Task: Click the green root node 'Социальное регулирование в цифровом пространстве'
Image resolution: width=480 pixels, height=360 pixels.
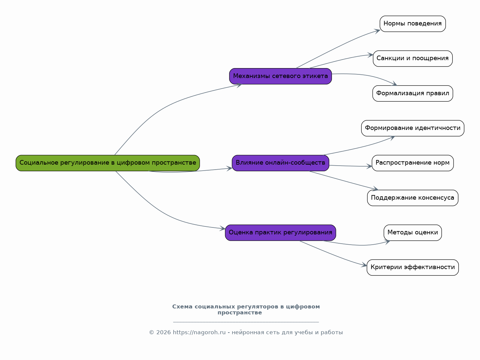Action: pyautogui.click(x=107, y=163)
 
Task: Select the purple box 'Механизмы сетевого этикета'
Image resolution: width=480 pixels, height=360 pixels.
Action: pyautogui.click(x=280, y=76)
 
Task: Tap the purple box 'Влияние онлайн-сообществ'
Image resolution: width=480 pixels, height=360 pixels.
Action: pyautogui.click(x=280, y=163)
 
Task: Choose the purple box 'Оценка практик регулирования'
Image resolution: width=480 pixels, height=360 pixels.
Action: pyautogui.click(x=280, y=233)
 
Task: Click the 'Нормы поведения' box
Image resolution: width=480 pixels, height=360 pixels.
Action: pyautogui.click(x=413, y=24)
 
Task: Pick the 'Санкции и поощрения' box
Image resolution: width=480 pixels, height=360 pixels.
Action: pyautogui.click(x=413, y=59)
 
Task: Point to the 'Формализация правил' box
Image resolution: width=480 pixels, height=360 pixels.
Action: pyautogui.click(x=413, y=93)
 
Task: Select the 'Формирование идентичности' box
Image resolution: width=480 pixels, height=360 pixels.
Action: pyautogui.click(x=413, y=128)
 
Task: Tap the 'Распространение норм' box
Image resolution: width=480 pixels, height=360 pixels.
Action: pyautogui.click(x=413, y=163)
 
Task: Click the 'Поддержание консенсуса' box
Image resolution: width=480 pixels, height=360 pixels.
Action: pyautogui.click(x=413, y=198)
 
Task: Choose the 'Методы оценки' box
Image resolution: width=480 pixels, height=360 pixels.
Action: pyautogui.click(x=413, y=233)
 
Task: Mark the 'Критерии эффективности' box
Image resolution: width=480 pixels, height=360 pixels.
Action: pyautogui.click(x=413, y=267)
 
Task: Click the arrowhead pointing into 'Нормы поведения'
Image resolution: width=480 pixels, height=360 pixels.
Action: pyautogui.click(x=377, y=31)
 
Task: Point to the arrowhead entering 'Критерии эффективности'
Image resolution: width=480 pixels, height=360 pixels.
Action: pyautogui.click(x=364, y=265)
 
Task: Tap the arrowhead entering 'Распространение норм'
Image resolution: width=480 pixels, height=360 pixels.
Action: pyautogui.click(x=369, y=166)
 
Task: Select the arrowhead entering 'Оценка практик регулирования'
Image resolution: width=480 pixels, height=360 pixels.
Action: pyautogui.click(x=222, y=228)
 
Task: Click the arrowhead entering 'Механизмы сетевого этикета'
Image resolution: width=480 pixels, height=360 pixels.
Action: pyautogui.click(x=239, y=85)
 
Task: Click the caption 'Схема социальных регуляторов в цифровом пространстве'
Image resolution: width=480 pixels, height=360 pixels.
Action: pyautogui.click(x=246, y=309)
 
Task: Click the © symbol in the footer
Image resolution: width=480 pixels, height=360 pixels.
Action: pyautogui.click(x=151, y=333)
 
